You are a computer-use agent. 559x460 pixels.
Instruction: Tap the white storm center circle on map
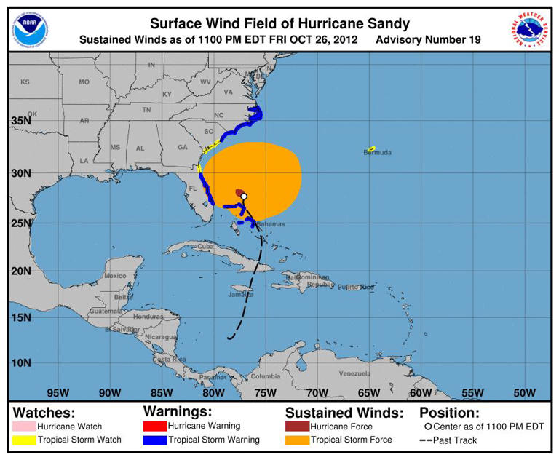click(x=244, y=196)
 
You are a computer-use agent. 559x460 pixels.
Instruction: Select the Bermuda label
click(x=378, y=153)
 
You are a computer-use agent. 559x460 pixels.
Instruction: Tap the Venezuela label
click(x=354, y=373)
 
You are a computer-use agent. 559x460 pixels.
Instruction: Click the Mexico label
click(x=115, y=276)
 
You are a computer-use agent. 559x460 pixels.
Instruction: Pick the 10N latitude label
click(x=20, y=362)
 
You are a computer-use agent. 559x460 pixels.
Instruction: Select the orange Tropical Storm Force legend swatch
click(x=297, y=440)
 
